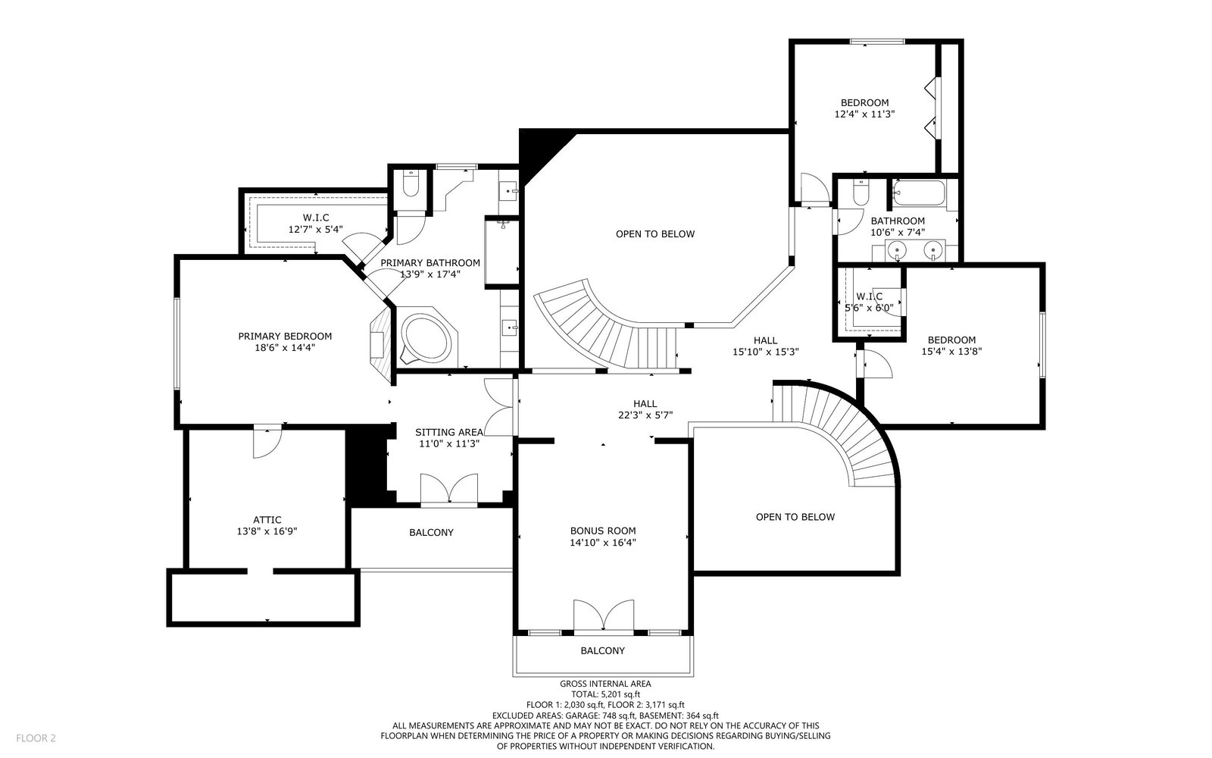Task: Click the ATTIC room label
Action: click(267, 520)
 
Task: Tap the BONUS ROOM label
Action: click(603, 531)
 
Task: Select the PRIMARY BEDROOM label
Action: click(285, 337)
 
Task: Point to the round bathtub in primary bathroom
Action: click(426, 338)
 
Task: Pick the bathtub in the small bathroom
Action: click(919, 193)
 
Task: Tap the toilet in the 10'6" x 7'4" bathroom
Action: click(861, 193)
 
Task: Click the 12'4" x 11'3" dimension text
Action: click(864, 114)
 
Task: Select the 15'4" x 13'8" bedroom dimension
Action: click(951, 352)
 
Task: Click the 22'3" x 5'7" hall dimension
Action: click(645, 415)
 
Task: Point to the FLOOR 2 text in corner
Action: click(36, 738)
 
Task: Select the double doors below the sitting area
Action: click(449, 490)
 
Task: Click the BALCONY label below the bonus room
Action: click(603, 651)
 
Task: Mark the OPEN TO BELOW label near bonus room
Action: click(795, 517)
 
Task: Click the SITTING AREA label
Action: click(449, 433)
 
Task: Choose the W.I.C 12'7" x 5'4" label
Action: click(315, 224)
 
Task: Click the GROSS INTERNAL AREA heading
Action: click(605, 684)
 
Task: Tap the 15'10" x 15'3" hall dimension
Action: click(766, 352)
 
